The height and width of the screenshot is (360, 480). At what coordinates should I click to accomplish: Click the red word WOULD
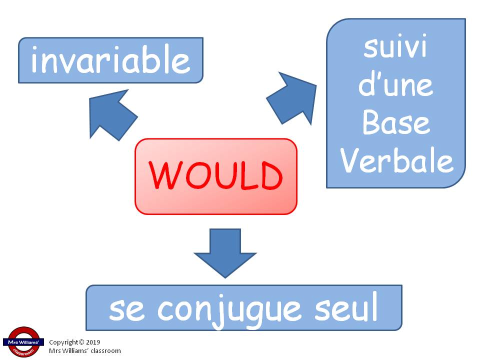[215, 175]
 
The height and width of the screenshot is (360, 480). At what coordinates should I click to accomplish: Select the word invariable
[110, 59]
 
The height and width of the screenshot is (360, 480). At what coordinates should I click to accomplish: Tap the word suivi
[395, 46]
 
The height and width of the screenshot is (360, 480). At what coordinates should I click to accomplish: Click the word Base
[396, 122]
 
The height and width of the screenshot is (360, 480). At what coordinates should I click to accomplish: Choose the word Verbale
[396, 160]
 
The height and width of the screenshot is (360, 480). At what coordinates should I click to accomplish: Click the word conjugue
[229, 310]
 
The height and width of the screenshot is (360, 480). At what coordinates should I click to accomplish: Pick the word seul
[346, 306]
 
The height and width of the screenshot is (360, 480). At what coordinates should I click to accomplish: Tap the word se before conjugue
[126, 310]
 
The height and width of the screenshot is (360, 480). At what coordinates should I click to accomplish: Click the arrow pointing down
[225, 253]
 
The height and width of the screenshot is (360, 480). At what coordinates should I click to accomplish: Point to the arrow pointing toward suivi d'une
[292, 98]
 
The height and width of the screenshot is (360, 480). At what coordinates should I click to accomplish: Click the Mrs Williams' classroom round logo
[23, 342]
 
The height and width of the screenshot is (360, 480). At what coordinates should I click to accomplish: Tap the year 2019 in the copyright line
[93, 342]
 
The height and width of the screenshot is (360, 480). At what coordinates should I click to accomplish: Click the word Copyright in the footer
[63, 342]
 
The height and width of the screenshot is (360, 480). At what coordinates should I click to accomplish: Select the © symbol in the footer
[81, 342]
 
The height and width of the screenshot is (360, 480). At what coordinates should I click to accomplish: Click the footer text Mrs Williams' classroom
[85, 351]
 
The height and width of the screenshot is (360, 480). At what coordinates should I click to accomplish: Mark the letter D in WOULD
[271, 175]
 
